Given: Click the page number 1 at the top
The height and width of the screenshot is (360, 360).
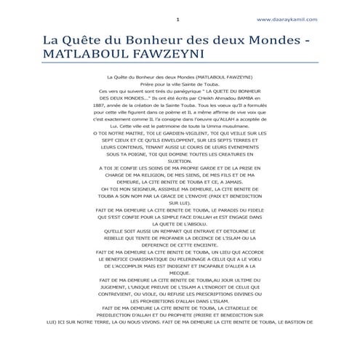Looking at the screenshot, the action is click(178, 18).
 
